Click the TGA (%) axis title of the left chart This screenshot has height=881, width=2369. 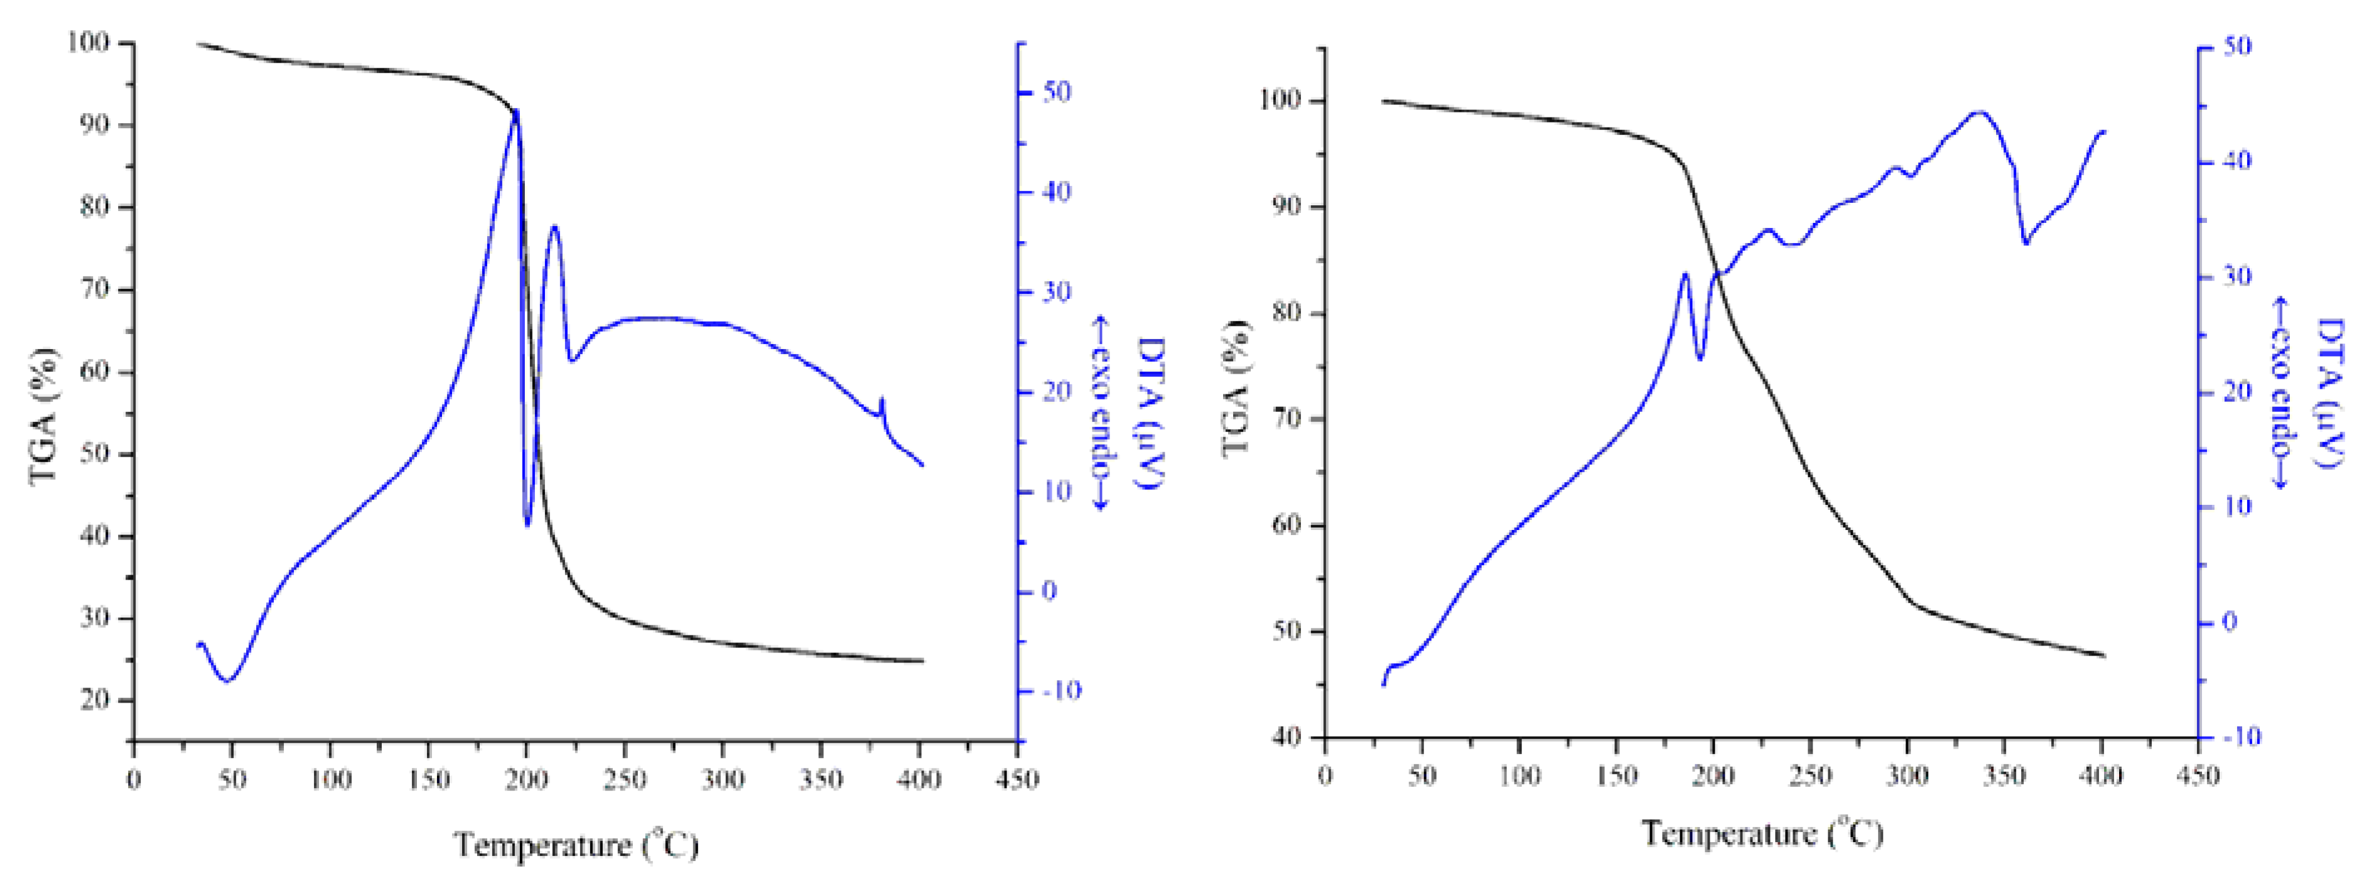pyautogui.click(x=43, y=416)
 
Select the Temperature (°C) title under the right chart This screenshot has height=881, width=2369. pyautogui.click(x=1762, y=833)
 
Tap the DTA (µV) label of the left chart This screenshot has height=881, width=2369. pyautogui.click(x=1150, y=413)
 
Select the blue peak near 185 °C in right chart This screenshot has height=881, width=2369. pyautogui.click(x=1686, y=274)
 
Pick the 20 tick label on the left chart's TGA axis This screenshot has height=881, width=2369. pyautogui.click(x=95, y=700)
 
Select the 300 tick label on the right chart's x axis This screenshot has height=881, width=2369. pyautogui.click(x=1908, y=776)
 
